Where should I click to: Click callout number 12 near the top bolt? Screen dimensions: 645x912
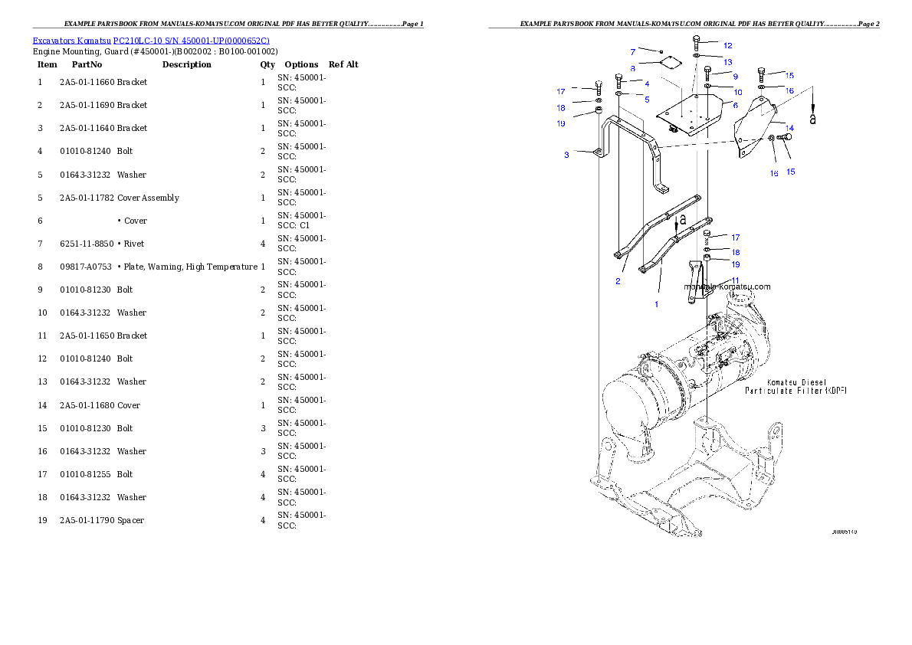tap(727, 46)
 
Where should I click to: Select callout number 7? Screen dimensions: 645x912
tap(633, 52)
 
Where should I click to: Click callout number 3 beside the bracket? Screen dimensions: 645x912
tap(566, 155)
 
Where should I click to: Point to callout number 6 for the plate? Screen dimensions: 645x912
tap(735, 106)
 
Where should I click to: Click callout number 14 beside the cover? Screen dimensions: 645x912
tap(789, 127)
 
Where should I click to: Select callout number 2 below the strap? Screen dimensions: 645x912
tap(618, 281)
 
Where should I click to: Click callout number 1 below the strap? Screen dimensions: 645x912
tap(656, 304)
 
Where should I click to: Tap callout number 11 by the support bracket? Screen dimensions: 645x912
tap(734, 280)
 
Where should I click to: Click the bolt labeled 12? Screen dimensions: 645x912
tap(696, 43)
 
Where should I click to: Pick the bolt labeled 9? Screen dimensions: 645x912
tap(707, 74)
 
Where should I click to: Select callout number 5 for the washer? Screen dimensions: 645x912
tap(646, 100)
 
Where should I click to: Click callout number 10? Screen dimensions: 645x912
tap(737, 92)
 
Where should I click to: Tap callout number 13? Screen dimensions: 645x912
tap(727, 61)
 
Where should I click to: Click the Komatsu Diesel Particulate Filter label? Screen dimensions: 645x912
tap(796, 386)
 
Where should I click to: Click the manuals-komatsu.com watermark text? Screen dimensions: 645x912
tap(727, 287)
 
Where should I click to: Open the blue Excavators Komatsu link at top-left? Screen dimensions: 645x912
tap(151, 41)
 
